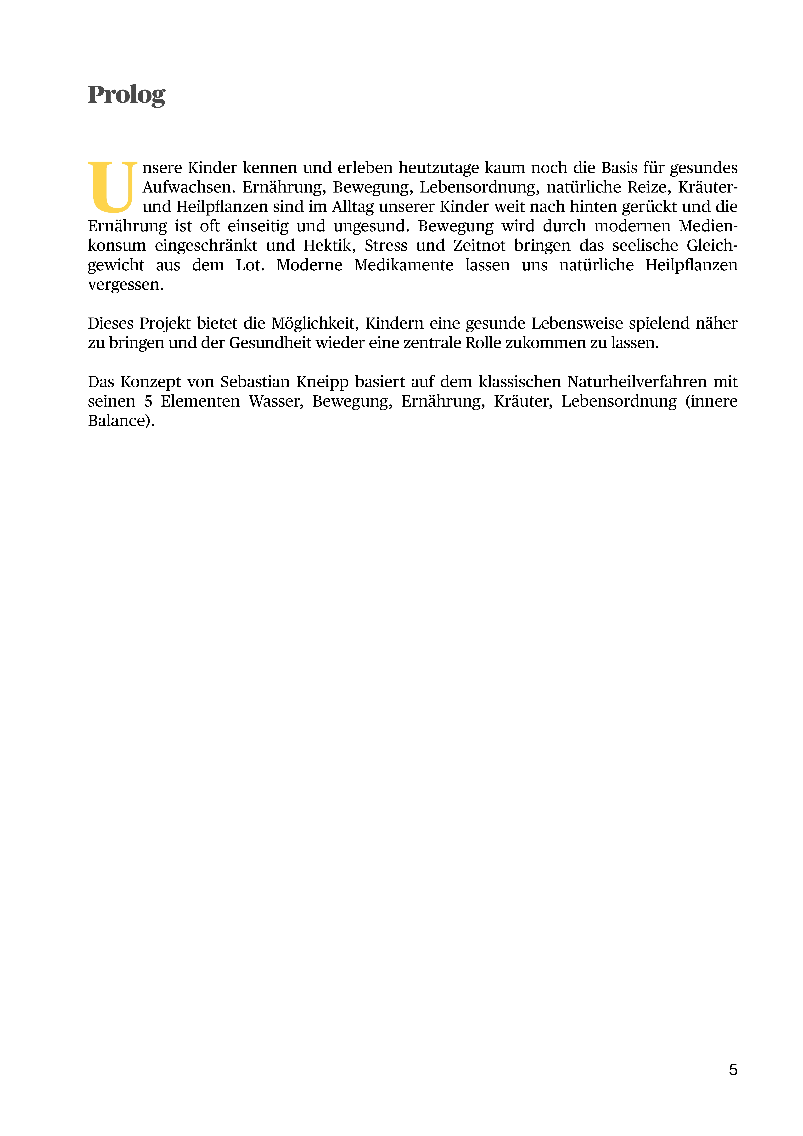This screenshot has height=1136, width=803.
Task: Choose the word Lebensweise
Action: coord(577,324)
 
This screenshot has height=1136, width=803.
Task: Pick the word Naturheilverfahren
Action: coord(637,382)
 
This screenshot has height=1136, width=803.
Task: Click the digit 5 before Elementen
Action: coord(148,401)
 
